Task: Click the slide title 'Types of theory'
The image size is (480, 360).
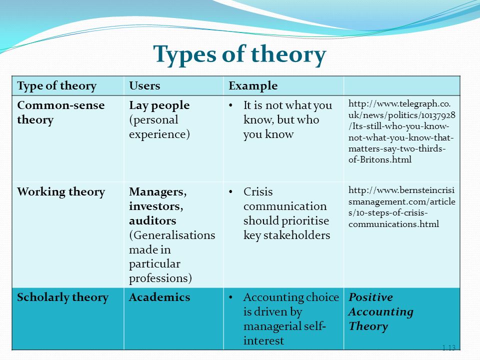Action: [239, 54]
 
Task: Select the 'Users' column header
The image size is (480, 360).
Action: [144, 85]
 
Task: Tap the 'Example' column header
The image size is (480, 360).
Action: [253, 86]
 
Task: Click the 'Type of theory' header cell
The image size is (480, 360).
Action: [57, 86]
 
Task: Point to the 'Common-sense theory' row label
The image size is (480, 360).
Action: [61, 112]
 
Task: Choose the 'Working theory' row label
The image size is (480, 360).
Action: [61, 192]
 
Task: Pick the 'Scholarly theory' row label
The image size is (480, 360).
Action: [63, 297]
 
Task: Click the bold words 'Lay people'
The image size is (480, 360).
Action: [159, 105]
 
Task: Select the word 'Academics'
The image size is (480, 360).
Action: [159, 297]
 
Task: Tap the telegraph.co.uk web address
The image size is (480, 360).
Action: [401, 131]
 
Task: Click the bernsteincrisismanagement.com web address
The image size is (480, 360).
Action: [401, 207]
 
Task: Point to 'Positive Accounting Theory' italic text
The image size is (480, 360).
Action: [381, 311]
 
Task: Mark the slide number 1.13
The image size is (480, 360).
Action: [449, 347]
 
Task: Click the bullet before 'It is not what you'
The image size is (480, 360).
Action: [231, 105]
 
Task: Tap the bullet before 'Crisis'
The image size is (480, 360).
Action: [231, 192]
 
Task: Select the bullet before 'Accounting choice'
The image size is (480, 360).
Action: [231, 297]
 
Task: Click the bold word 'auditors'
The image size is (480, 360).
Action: [152, 220]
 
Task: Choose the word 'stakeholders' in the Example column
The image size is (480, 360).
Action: [296, 235]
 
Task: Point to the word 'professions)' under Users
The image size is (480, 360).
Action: [160, 278]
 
